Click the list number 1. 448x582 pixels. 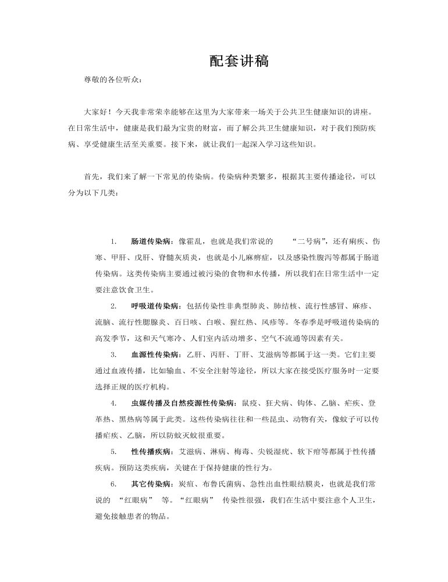coord(113,241)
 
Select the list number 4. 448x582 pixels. coord(113,403)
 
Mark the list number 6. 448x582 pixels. coord(113,484)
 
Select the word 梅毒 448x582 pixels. coord(246,451)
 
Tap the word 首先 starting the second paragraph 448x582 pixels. coord(91,176)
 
